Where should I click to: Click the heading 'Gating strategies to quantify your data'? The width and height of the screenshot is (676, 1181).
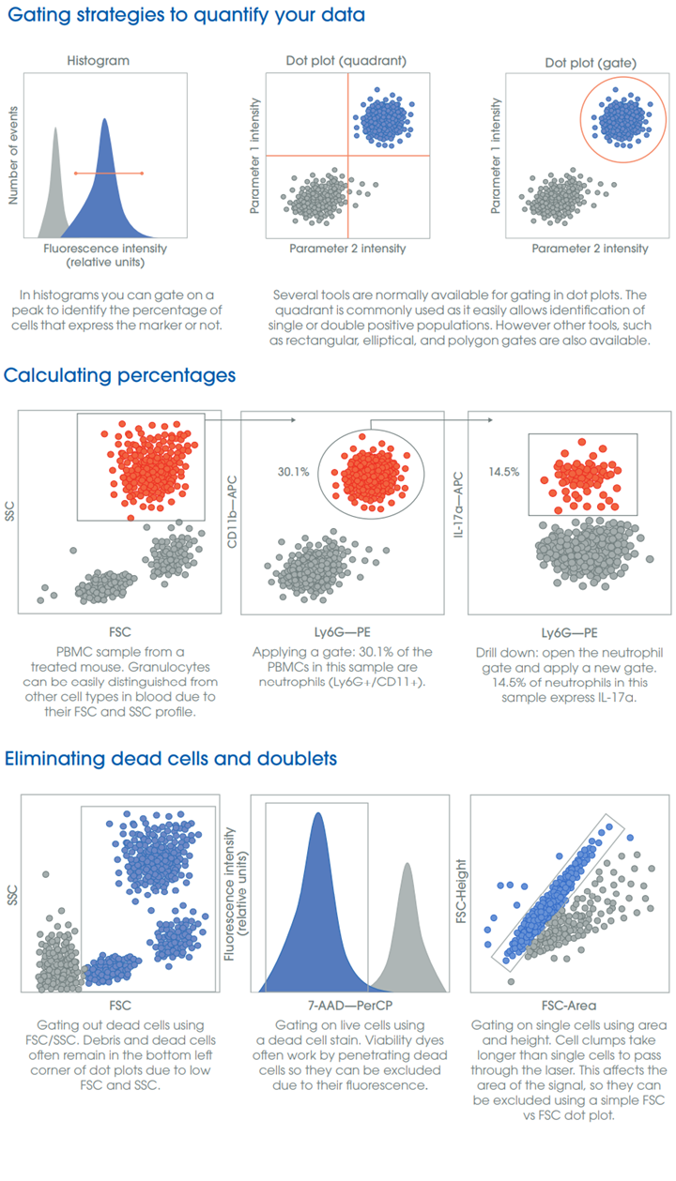point(184,16)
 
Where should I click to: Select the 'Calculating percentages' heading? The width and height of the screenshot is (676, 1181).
point(119,376)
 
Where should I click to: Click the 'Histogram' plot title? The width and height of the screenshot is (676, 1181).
point(98,61)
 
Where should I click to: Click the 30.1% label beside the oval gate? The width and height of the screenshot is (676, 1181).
point(294,471)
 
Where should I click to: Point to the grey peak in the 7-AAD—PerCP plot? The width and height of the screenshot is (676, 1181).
point(407,929)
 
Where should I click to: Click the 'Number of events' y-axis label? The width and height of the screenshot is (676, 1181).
point(14,155)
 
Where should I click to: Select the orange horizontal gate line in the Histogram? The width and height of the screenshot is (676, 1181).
point(108,173)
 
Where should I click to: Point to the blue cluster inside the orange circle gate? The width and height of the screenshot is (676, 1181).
point(619,120)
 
